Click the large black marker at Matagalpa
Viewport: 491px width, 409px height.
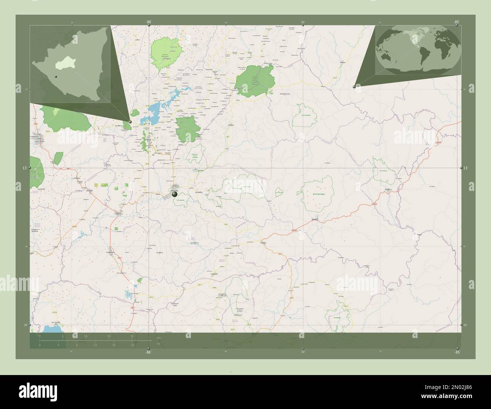click(174, 194)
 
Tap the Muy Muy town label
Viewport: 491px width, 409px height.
click(264, 243)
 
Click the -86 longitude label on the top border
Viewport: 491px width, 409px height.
click(148, 22)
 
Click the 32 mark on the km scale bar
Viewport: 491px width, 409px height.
click(132, 336)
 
